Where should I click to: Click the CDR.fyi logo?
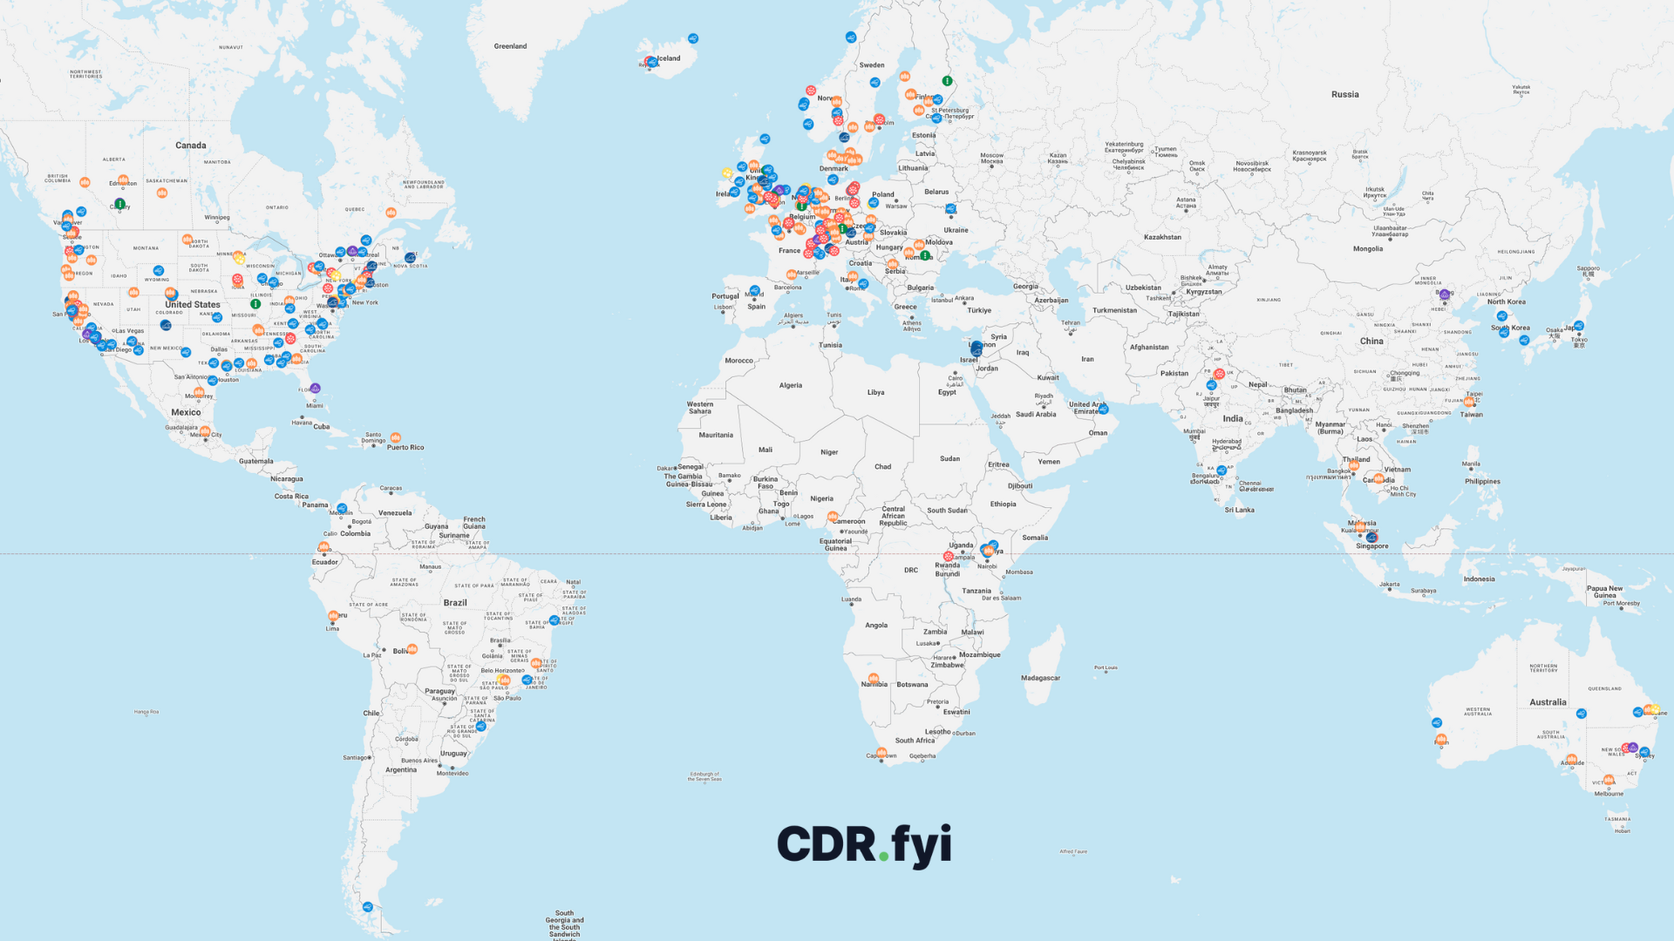coord(863,844)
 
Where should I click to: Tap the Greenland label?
coord(510,46)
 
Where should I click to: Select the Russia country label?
coord(1344,94)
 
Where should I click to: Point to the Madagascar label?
coord(1040,678)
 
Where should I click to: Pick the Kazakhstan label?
coord(1162,237)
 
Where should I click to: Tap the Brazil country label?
coord(455,603)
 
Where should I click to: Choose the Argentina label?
coord(401,770)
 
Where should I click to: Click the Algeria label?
coord(791,385)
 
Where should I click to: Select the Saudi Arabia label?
coord(1036,415)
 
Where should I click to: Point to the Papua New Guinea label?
coord(1604,592)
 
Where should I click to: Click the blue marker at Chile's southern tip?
coord(368,907)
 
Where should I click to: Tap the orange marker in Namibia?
coord(874,678)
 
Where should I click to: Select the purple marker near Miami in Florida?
coord(316,389)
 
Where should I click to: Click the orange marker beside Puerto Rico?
coord(396,437)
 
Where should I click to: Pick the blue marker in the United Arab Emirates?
coord(1104,409)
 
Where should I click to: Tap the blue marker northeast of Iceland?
coord(693,38)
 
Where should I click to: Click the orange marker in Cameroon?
coord(833,517)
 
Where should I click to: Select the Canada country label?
coord(191,146)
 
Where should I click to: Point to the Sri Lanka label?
coord(1239,511)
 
